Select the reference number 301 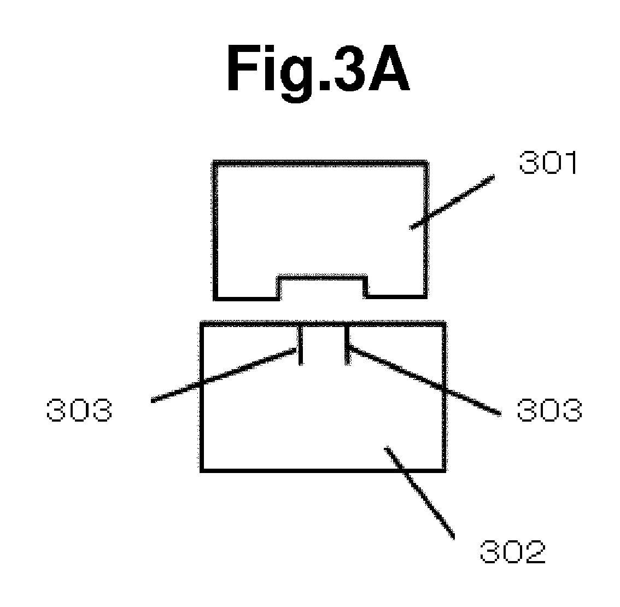(548, 162)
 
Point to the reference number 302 (513, 552)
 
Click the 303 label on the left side (79, 410)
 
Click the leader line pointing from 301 (452, 202)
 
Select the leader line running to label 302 (419, 493)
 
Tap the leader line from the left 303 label (224, 375)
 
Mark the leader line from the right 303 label (424, 381)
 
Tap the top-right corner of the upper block (426, 162)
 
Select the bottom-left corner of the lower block (202, 471)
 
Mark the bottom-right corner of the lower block (445, 471)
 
